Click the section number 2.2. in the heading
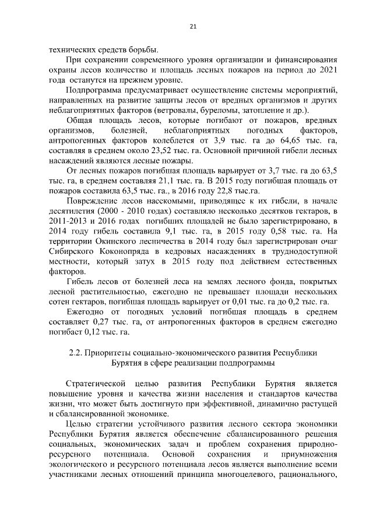click(x=77, y=353)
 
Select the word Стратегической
click(x=95, y=384)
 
